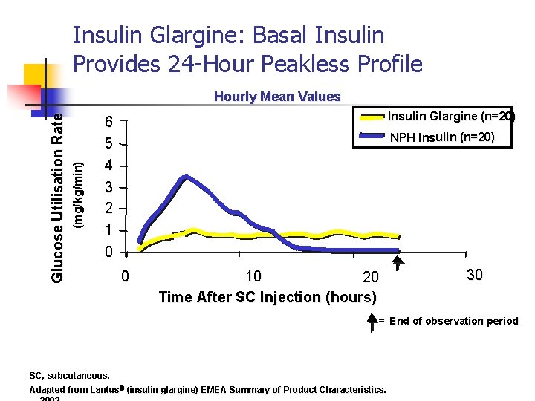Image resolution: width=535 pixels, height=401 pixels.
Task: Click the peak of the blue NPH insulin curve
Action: [x=186, y=176]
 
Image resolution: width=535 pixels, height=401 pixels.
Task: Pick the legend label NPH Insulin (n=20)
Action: [x=442, y=137]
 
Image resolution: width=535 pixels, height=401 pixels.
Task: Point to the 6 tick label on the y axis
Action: [x=109, y=123]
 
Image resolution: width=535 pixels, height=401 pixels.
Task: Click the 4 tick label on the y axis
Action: [x=109, y=166]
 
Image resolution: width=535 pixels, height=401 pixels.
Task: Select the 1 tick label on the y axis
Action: [x=109, y=229]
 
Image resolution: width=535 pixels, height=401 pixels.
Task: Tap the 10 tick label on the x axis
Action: [x=253, y=277]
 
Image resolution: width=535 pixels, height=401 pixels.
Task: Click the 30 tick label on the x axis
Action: [x=474, y=276]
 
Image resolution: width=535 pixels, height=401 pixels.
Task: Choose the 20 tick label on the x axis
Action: [x=370, y=278]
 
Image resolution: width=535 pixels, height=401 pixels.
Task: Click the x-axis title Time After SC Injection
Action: [x=267, y=297]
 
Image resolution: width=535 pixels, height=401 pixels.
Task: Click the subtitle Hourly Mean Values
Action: [x=276, y=97]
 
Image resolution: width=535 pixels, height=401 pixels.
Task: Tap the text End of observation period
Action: [x=453, y=321]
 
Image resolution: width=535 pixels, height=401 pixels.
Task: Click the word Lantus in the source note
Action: [x=107, y=390]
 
